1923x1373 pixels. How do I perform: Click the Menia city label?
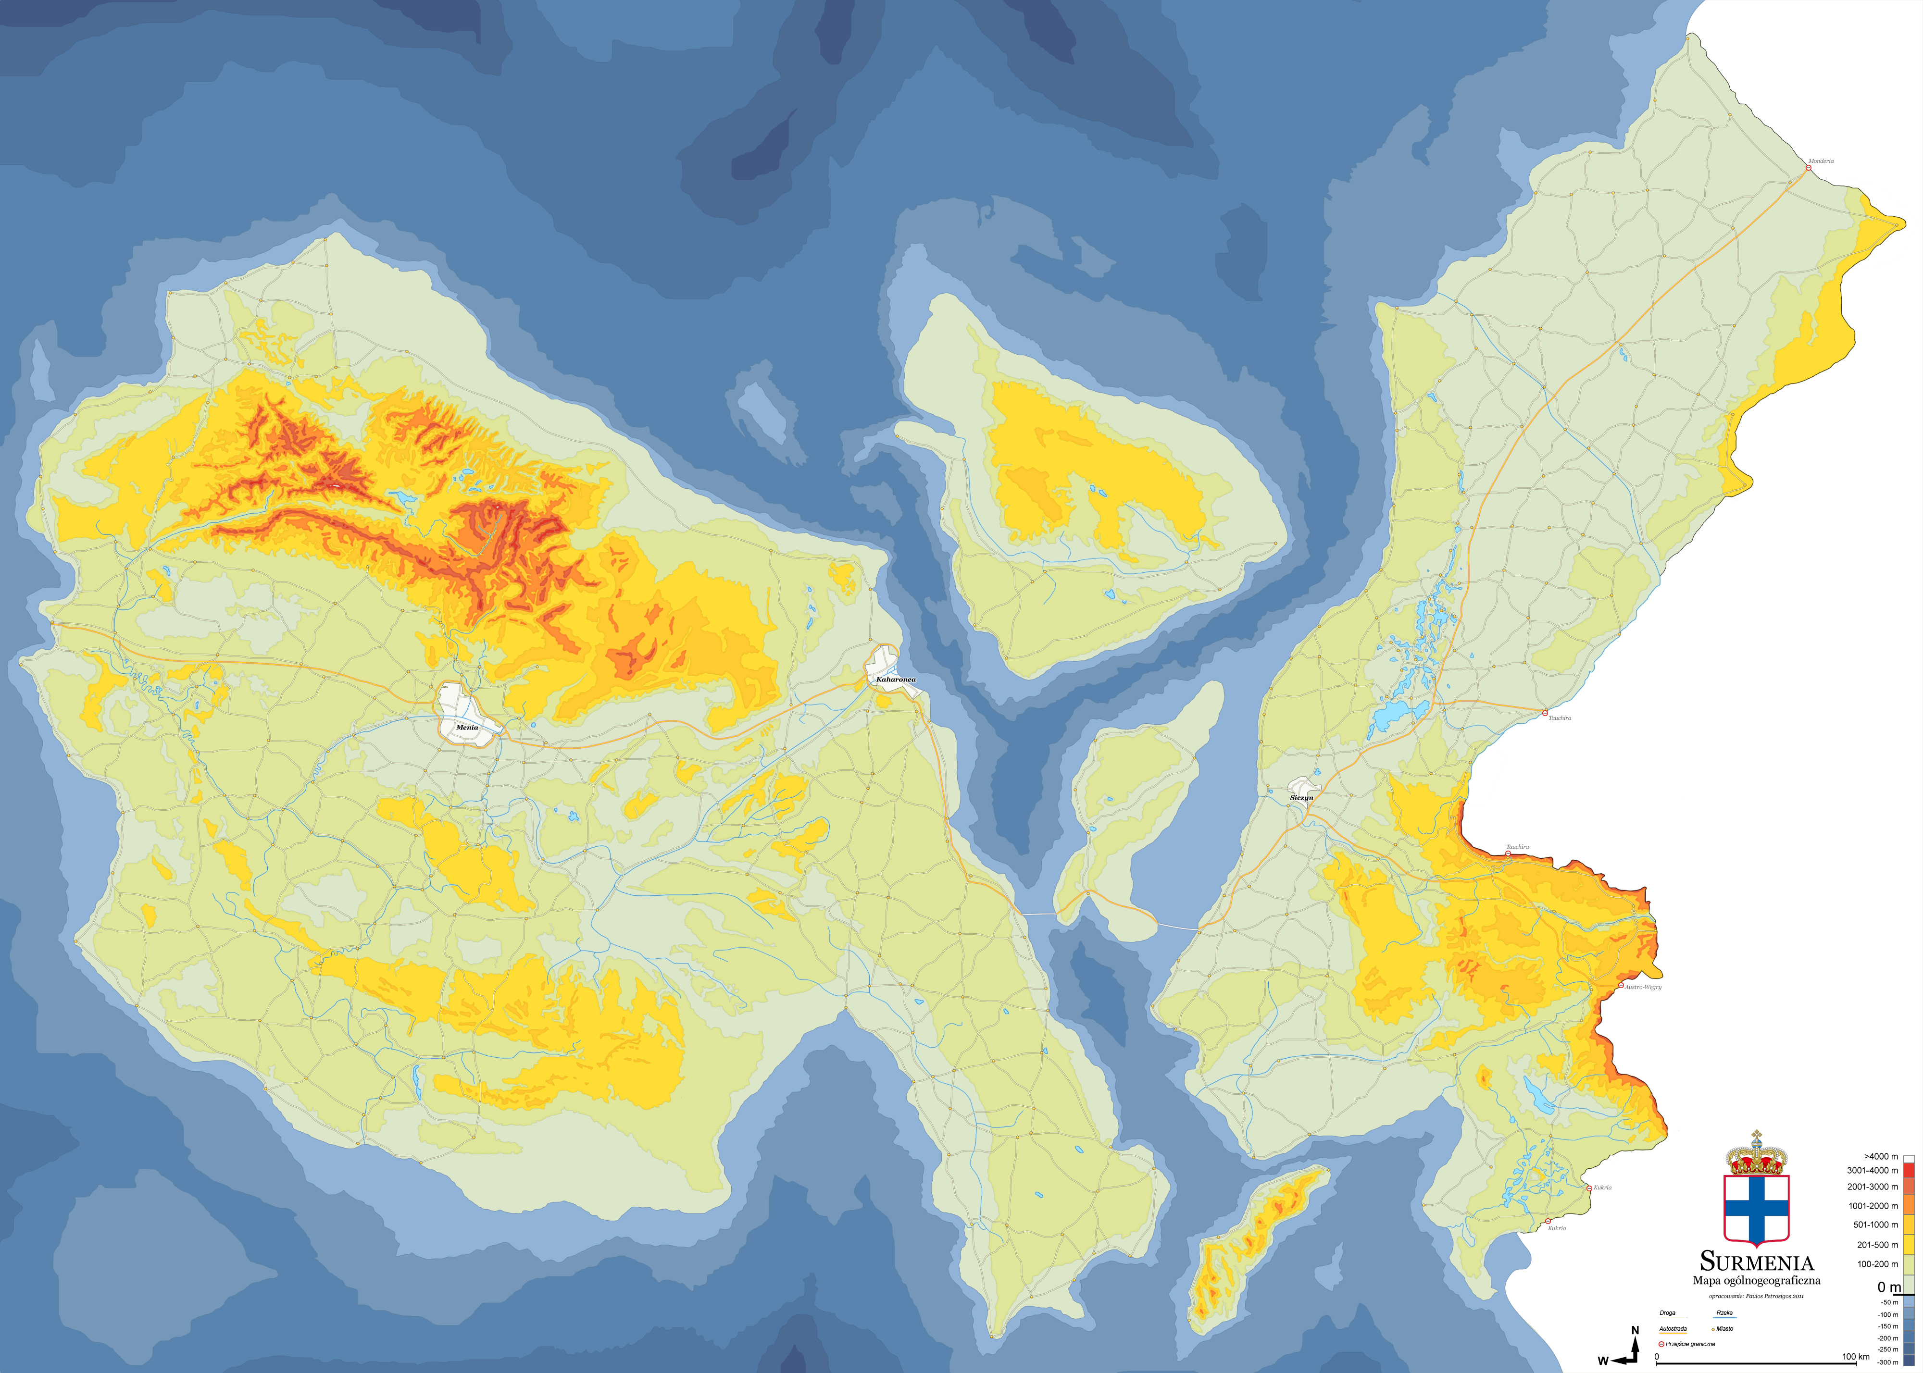467,727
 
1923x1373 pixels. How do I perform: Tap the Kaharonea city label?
896,679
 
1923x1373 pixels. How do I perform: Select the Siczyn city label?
1301,797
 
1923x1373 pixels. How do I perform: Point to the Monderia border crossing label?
1821,161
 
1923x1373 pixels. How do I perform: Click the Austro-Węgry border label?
1643,987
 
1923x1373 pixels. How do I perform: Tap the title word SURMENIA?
1756,1263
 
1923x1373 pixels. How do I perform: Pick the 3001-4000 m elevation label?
1872,1171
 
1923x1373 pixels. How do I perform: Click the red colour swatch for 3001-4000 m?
1909,1171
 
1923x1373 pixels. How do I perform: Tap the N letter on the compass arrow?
1635,1331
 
